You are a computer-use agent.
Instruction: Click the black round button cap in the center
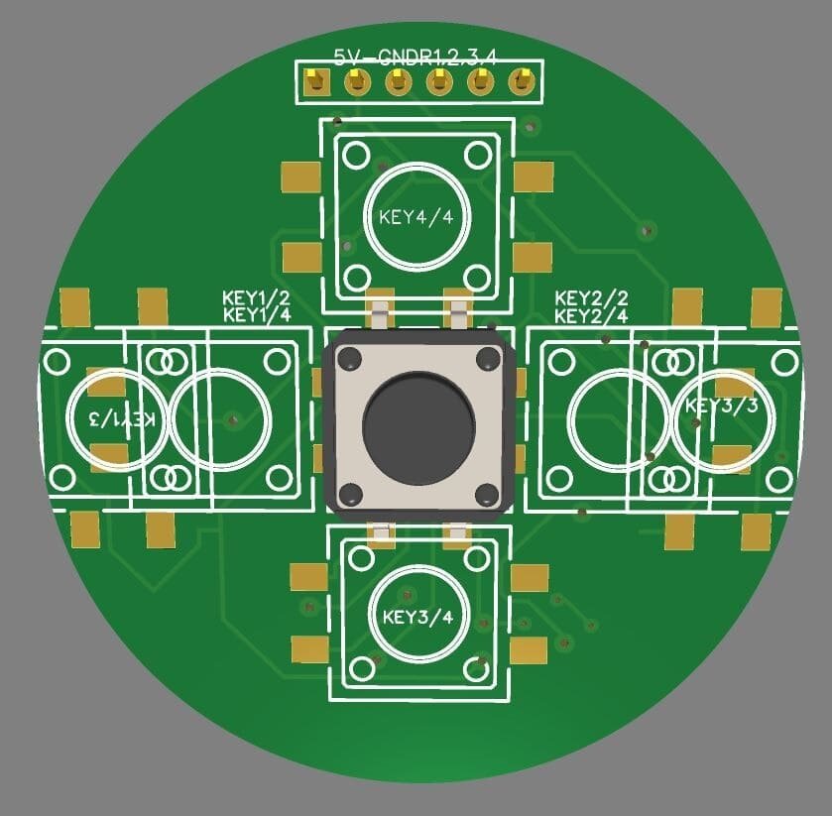coord(417,425)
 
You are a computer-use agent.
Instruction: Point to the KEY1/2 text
coord(256,297)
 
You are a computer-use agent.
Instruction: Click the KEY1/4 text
coord(256,315)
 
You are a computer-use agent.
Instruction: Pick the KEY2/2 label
coord(591,297)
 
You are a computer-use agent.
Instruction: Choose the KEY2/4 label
coord(591,315)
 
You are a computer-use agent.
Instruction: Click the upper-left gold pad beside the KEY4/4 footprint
coord(299,177)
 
